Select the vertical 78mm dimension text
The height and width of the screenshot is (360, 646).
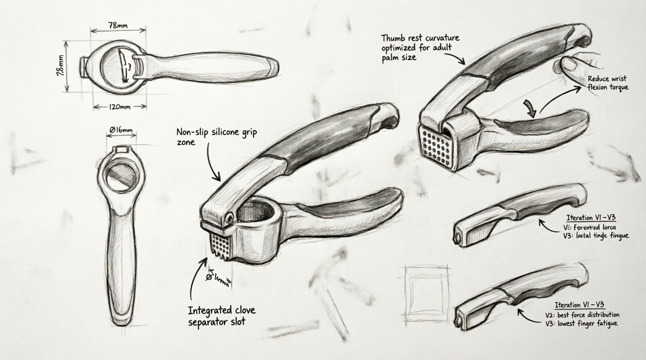(61, 66)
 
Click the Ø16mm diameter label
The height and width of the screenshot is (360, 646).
(121, 130)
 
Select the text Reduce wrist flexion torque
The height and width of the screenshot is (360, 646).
(608, 83)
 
